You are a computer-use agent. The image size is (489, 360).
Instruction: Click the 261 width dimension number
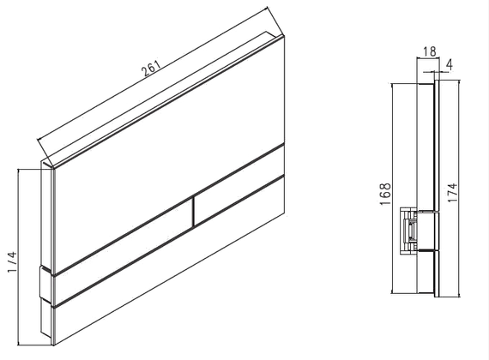click(x=151, y=69)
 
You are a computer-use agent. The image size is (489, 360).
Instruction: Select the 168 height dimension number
click(x=385, y=194)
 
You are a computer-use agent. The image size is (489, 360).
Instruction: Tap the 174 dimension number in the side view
click(x=452, y=192)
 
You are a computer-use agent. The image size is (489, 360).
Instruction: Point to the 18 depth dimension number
click(x=430, y=51)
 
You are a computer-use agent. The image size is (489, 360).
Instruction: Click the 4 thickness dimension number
click(x=449, y=64)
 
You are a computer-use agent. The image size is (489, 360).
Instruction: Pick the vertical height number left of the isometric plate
click(x=13, y=261)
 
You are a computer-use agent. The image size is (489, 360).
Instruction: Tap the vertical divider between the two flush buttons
click(x=193, y=210)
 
